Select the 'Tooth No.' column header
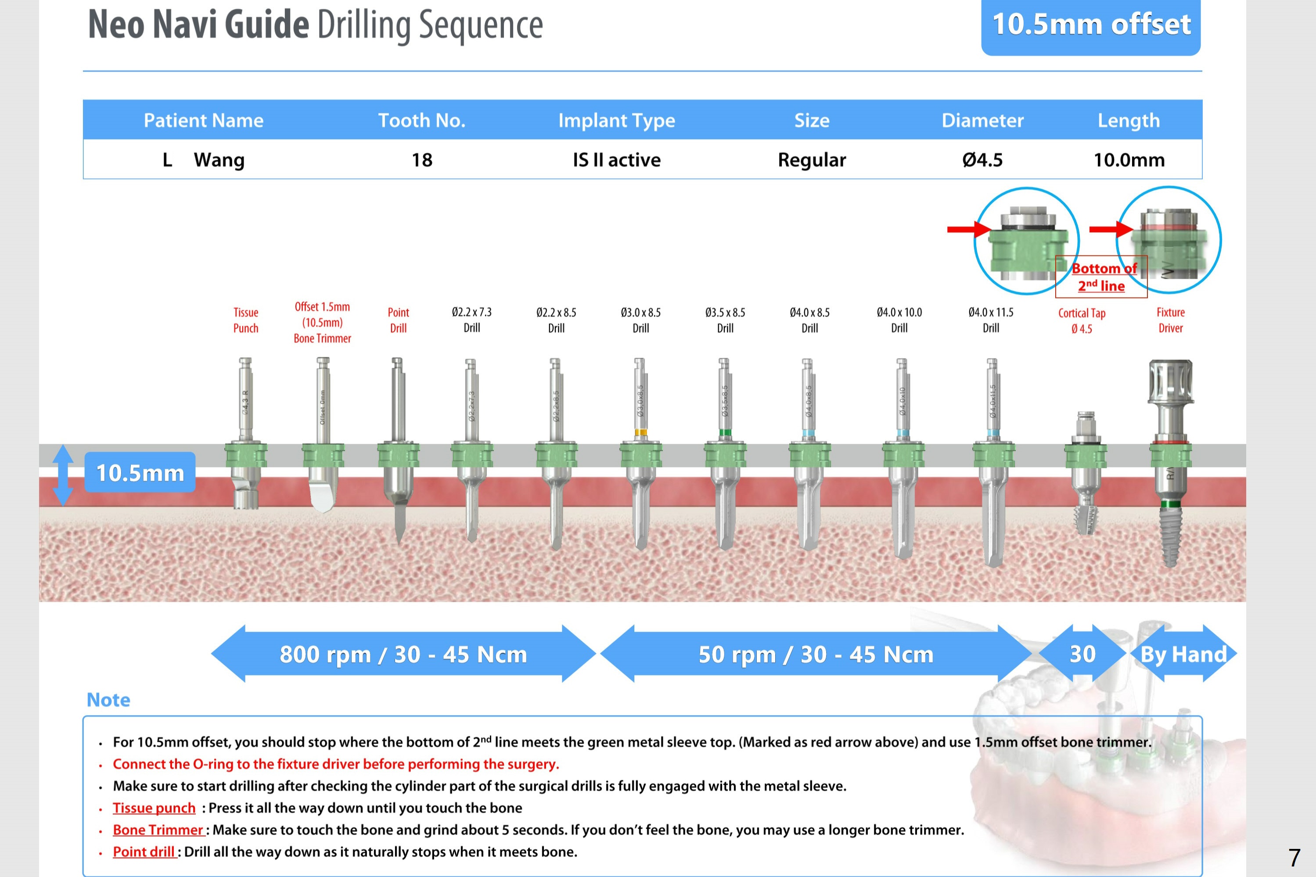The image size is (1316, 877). [x=422, y=120]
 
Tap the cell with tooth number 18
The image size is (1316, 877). [x=422, y=160]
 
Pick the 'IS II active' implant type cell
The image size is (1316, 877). [x=616, y=160]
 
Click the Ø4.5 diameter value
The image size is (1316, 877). [x=982, y=160]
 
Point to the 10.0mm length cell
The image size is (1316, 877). [x=1129, y=160]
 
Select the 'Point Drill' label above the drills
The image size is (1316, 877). [x=398, y=320]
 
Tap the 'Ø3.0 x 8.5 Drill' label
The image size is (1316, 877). [x=640, y=320]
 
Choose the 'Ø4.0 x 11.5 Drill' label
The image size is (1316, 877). [x=990, y=320]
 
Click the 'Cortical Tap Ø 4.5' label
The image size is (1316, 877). [x=1082, y=321]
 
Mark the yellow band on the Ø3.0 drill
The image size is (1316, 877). [x=641, y=432]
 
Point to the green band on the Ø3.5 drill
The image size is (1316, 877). [x=725, y=432]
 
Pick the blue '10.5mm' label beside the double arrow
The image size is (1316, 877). [x=140, y=473]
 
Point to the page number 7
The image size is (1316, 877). [x=1294, y=857]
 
